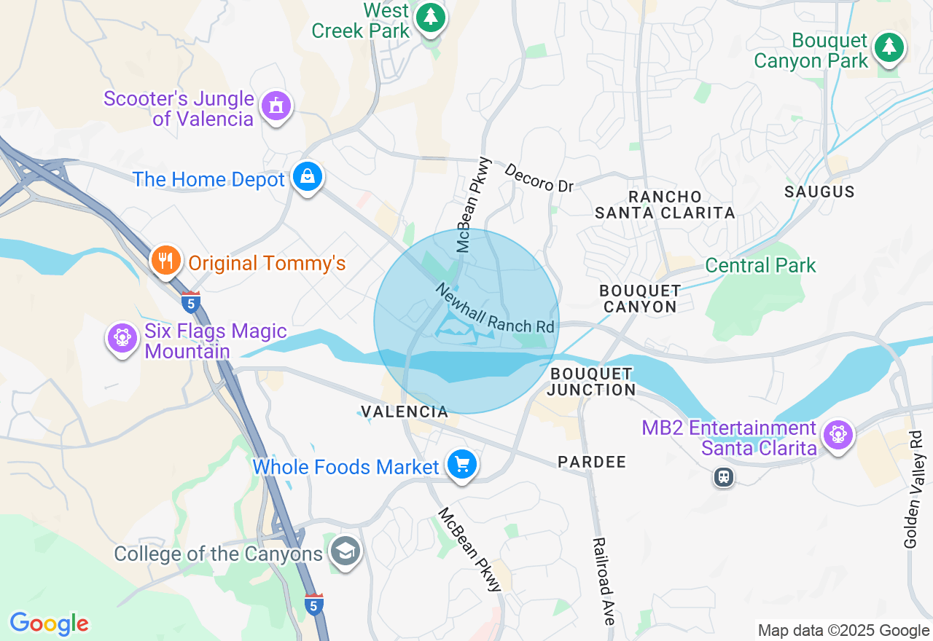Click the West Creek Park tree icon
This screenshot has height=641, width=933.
tap(431, 17)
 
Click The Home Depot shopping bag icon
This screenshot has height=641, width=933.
tap(308, 177)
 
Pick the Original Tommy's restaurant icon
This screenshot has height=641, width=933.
tap(166, 260)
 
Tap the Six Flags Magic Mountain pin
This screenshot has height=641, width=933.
tap(122, 339)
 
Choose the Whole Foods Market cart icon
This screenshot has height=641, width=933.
tap(461, 464)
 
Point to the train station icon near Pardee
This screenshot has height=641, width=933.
tap(723, 477)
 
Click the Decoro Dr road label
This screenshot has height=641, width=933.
tap(539, 178)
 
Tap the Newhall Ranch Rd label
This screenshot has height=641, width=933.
tap(495, 309)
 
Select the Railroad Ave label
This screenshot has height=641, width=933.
tap(604, 581)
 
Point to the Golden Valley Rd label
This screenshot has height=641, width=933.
tap(913, 489)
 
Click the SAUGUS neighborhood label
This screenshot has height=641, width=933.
tap(819, 192)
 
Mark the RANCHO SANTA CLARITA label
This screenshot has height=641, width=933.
tap(665, 205)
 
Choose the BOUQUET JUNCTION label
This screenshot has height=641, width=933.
tap(591, 382)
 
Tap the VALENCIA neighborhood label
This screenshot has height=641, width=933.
tap(405, 412)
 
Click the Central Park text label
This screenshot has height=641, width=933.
tap(760, 265)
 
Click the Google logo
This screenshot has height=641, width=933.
tap(49, 624)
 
